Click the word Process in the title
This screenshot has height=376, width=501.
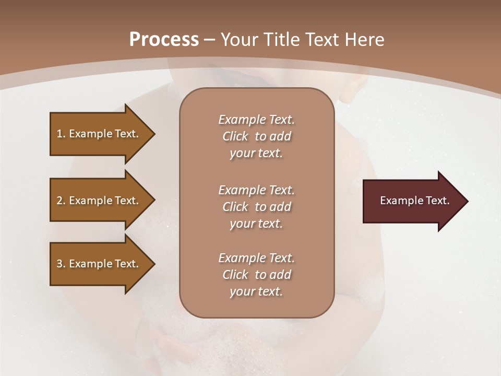point(164,40)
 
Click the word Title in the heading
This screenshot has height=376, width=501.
point(282,40)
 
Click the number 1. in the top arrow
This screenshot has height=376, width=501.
point(61,134)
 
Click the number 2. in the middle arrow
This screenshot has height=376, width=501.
point(61,201)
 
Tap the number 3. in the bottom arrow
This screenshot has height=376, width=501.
point(61,264)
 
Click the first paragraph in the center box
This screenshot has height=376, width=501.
point(256,136)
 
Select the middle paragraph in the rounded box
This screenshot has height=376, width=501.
point(256,207)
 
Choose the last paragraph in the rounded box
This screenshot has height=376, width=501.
point(256,275)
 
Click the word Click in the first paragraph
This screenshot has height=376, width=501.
point(235,136)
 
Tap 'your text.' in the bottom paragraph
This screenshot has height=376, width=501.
point(256,291)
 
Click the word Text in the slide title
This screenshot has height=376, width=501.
point(323,40)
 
